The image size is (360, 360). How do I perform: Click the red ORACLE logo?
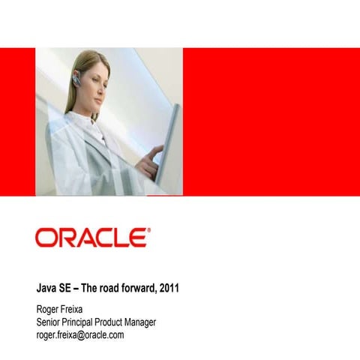click(91, 238)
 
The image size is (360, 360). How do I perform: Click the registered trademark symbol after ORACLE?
click(148, 232)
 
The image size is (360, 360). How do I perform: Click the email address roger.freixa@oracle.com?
click(80, 335)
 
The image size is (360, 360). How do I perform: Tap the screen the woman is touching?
click(169, 142)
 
